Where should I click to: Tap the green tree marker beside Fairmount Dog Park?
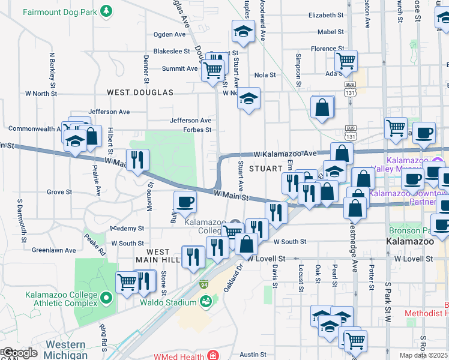[x=106, y=11]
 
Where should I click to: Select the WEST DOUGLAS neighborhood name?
[x=140, y=92]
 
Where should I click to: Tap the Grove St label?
[x=59, y=193]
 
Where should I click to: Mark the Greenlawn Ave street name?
[x=54, y=250]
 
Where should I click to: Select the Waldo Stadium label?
[x=168, y=303]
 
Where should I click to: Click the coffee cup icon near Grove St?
[x=185, y=202]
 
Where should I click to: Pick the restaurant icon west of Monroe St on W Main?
[x=137, y=160]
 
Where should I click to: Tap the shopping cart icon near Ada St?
[x=345, y=60]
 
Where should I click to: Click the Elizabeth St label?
[x=326, y=15]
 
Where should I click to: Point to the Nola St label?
[x=265, y=75]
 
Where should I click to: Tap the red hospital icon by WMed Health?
[x=213, y=356]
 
